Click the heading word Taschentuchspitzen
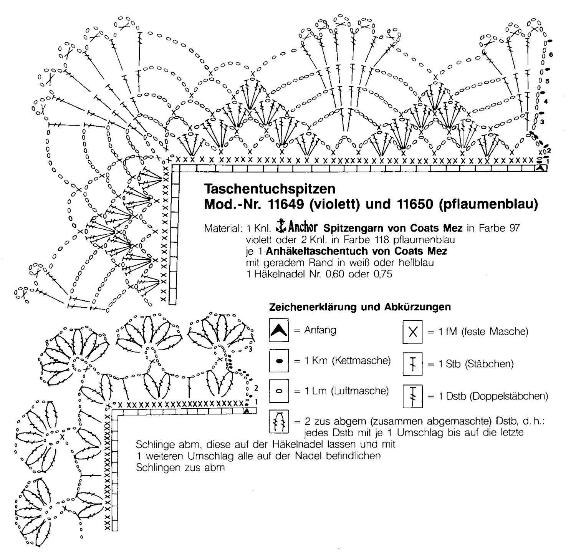pyautogui.click(x=270, y=189)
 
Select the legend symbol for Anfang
pyautogui.click(x=279, y=330)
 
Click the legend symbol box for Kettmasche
pyautogui.click(x=279, y=361)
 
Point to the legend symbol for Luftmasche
pyautogui.click(x=279, y=391)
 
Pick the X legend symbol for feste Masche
pyautogui.click(x=413, y=331)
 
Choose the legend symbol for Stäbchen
pyautogui.click(x=413, y=363)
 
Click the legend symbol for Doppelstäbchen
pyautogui.click(x=413, y=396)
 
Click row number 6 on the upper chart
pyautogui.click(x=551, y=55)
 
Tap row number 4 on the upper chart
pyautogui.click(x=546, y=101)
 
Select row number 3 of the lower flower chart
pyautogui.click(x=250, y=349)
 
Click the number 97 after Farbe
pyautogui.click(x=515, y=228)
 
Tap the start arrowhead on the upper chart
pyautogui.click(x=541, y=168)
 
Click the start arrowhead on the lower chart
pyautogui.click(x=247, y=411)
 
